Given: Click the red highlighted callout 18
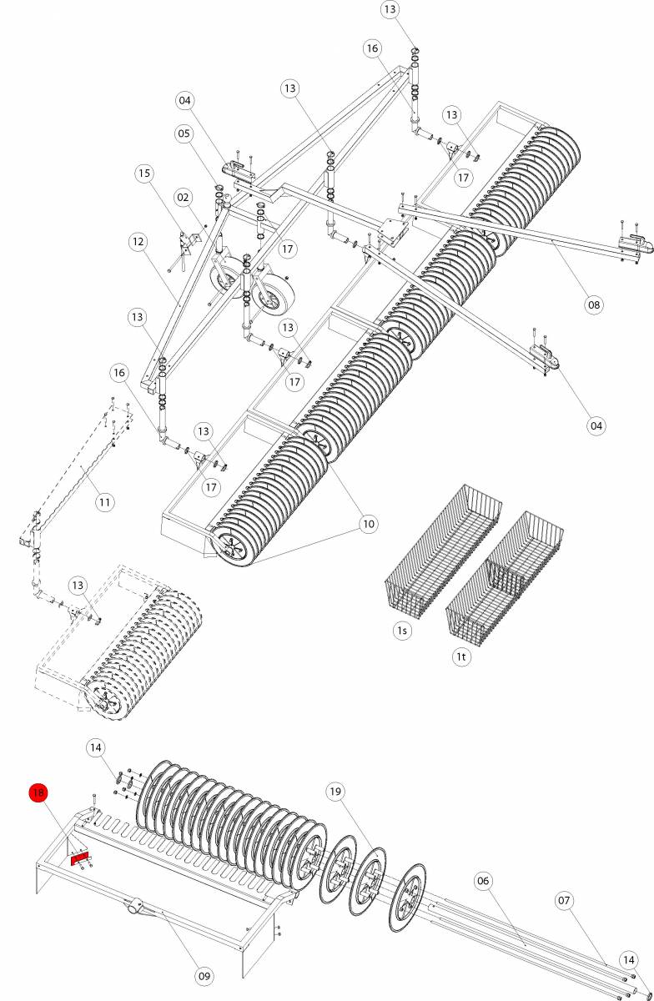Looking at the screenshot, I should (x=38, y=792).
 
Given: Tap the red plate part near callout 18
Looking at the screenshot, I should (x=79, y=857).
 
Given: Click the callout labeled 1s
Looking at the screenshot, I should (x=403, y=631).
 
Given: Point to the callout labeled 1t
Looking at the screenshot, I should (x=461, y=656).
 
